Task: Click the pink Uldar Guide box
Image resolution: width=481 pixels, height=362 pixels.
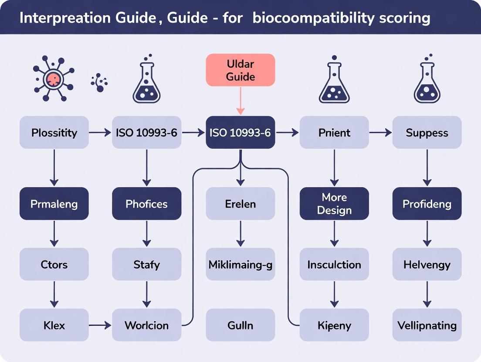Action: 240,70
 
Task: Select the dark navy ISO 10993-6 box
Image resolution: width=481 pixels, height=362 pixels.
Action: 240,132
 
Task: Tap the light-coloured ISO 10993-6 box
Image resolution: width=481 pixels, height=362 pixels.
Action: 146,132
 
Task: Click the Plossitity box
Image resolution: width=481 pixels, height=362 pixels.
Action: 54,132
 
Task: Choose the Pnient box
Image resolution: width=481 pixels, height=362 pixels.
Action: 334,132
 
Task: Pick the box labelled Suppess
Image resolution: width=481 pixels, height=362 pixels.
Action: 427,132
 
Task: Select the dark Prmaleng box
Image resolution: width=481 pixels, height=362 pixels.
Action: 54,203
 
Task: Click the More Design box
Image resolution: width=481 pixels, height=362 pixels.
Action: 334,203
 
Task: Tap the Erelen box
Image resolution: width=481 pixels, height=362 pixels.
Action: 240,203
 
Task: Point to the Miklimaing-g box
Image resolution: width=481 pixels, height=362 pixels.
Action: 240,264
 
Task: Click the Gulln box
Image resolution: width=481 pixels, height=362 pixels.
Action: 240,325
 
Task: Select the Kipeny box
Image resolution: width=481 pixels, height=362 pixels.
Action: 334,325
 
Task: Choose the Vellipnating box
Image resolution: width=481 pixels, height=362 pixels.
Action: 427,325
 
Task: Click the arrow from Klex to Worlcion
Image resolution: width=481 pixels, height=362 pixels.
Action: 100,325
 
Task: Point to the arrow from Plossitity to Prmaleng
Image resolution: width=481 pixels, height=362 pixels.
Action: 54,168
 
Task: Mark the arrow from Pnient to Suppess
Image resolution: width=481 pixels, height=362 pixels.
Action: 380,132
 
